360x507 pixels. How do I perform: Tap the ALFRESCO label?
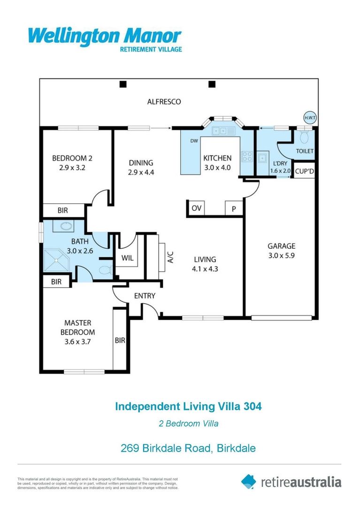click(x=164, y=101)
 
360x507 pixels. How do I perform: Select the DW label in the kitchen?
click(x=194, y=141)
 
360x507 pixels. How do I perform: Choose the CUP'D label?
click(x=305, y=172)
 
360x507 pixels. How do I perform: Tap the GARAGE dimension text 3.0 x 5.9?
click(x=281, y=256)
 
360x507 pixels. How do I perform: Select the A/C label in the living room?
click(x=170, y=257)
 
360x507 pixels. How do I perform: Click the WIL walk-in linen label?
click(x=127, y=258)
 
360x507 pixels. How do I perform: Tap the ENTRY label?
click(x=145, y=296)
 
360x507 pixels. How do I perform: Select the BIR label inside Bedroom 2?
click(x=63, y=211)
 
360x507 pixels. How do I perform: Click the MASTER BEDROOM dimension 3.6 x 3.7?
click(x=77, y=342)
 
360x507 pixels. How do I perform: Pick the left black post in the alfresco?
click(x=123, y=84)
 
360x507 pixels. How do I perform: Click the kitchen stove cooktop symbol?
click(x=247, y=156)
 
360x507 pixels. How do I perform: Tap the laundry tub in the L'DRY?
click(x=262, y=158)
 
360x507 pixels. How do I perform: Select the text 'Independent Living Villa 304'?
click(x=188, y=406)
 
